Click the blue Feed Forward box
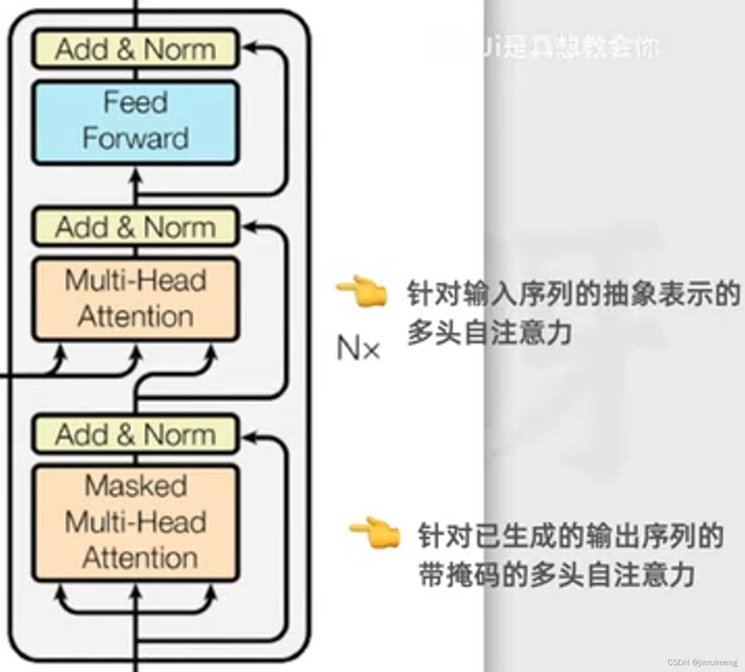pos(136,123)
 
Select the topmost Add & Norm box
pos(136,49)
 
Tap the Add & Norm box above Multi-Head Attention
pos(136,227)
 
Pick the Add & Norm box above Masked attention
pos(136,434)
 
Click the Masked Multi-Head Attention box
pos(136,522)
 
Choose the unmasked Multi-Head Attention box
pos(136,299)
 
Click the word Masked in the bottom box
pos(136,486)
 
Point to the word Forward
pos(136,139)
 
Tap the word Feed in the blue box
pos(136,102)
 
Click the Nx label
pos(358,348)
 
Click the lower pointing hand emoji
pos(375,532)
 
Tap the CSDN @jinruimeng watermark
pos(702,662)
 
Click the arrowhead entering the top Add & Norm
pos(249,48)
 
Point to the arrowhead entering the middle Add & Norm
pos(249,226)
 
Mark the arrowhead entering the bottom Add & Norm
pos(249,438)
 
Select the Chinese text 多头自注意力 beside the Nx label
pos(489,333)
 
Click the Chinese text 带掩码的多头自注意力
pos(557,575)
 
